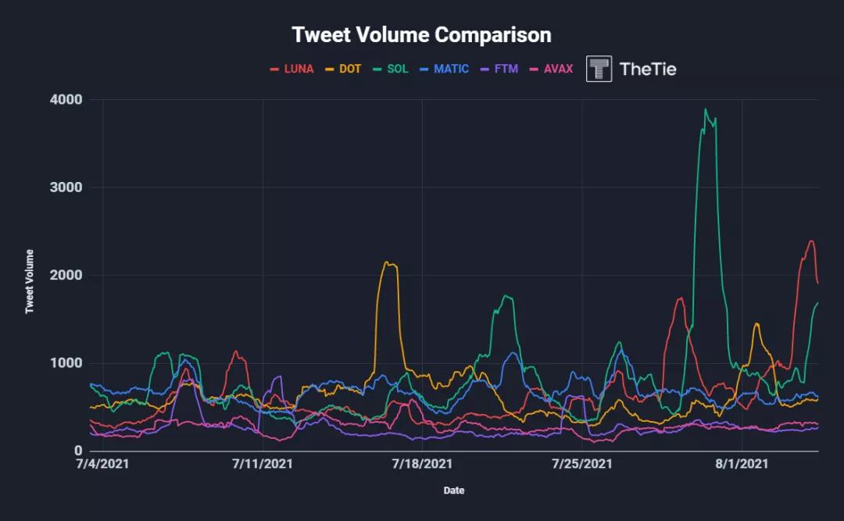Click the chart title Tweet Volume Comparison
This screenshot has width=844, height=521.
coord(421,35)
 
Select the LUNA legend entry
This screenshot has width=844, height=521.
coord(291,69)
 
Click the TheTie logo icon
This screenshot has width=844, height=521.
coord(599,69)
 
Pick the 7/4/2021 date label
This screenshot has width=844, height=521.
coord(103,464)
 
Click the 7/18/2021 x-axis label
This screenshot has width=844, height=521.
coord(422,464)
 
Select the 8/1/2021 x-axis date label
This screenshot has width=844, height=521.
coord(742,464)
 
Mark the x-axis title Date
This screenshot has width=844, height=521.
coord(453,491)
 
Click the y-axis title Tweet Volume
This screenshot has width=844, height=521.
coord(30,281)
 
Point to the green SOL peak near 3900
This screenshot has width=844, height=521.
coord(706,109)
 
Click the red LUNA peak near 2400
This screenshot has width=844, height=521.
coord(811,241)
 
